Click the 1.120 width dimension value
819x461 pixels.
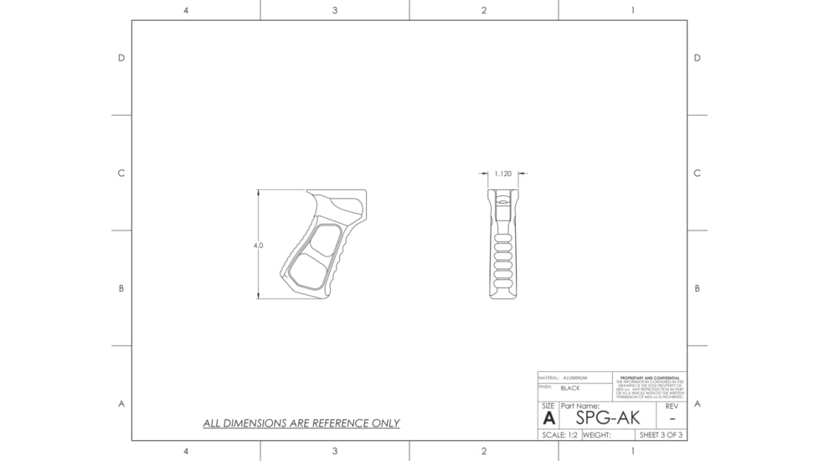pos(502,174)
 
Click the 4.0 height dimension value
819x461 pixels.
pos(258,246)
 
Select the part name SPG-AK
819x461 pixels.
pos(607,417)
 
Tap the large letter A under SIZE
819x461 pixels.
pos(549,418)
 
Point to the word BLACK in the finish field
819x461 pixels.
pos(569,388)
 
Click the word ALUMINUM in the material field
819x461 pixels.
pos(575,378)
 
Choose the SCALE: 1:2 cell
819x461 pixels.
pos(559,435)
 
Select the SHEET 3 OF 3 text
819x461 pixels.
pos(662,435)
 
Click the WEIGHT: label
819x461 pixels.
pos(597,435)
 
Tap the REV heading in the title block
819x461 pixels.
pos(672,406)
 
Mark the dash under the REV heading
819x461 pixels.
pos(672,418)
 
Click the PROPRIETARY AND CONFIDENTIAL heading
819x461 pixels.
pos(650,377)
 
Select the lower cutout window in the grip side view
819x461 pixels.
pos(307,272)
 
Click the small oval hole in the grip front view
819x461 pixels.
pos(502,201)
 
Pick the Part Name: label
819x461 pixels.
pos(579,406)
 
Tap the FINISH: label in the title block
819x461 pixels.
pos(544,387)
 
